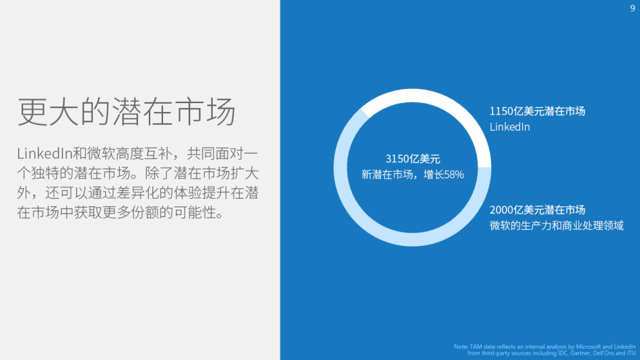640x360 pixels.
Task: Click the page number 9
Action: (633, 8)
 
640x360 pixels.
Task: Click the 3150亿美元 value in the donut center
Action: (412, 159)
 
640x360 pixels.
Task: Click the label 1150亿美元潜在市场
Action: (537, 111)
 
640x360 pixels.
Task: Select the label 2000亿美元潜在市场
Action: (537, 210)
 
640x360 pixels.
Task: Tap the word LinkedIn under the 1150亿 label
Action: (509, 127)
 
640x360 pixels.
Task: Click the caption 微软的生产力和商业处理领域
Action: (556, 225)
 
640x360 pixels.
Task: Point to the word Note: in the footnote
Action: (461, 347)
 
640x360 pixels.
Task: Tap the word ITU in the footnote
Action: (631, 353)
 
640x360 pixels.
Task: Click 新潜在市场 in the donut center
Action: (387, 175)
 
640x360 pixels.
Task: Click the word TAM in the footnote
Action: (476, 347)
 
